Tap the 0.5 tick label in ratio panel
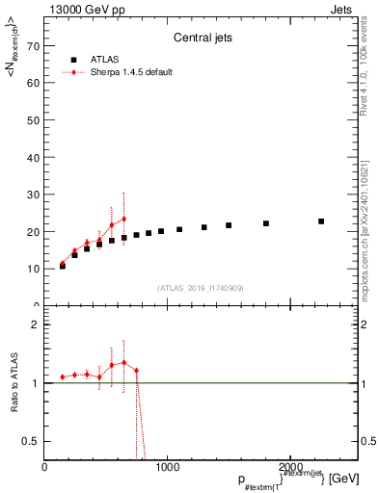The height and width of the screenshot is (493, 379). [x=31, y=441]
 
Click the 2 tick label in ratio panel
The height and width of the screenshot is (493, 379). [x=35, y=324]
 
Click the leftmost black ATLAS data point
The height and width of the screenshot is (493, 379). [x=63, y=266]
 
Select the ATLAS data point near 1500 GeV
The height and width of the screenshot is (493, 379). [x=229, y=225]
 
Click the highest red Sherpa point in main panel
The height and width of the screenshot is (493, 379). [x=123, y=219]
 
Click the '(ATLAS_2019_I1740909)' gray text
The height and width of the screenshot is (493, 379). [x=200, y=288]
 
